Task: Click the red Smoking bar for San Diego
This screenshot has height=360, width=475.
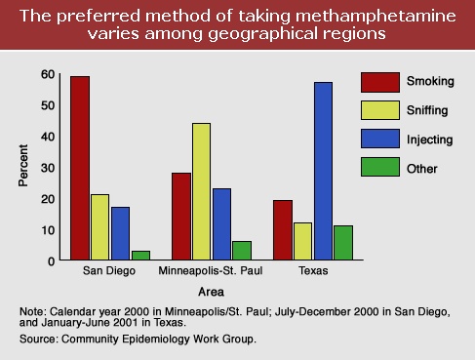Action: tap(80, 168)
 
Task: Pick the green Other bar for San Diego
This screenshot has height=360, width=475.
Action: tap(140, 256)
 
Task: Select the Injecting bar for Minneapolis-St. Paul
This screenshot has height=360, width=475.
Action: tap(221, 224)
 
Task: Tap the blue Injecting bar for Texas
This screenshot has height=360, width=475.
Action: tap(322, 171)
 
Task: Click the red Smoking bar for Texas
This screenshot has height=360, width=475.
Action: tap(282, 230)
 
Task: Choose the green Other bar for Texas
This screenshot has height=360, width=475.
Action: tap(342, 243)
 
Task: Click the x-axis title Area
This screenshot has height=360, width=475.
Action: tap(212, 291)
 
